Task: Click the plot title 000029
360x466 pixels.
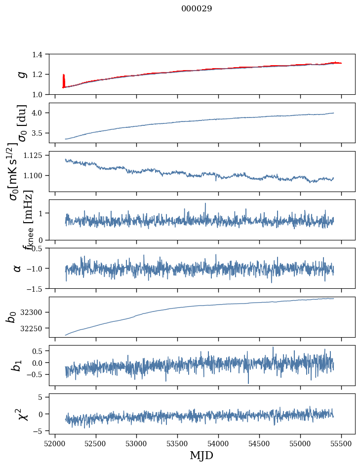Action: pos(197,9)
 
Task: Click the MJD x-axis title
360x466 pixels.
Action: pos(201,455)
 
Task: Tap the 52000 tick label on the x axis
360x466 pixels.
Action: pos(55,443)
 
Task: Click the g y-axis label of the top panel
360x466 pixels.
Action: pos(21,74)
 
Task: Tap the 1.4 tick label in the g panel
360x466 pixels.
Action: pos(42,54)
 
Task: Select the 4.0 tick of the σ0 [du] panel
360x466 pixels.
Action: pos(42,113)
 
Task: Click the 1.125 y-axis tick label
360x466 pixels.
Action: pos(38,155)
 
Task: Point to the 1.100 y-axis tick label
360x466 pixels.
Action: pos(38,175)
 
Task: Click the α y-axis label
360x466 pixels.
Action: pos(17,268)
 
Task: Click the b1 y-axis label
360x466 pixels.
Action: pos(17,365)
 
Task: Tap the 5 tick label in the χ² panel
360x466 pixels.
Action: pos(45,396)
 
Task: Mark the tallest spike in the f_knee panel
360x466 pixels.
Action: pos(205,203)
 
